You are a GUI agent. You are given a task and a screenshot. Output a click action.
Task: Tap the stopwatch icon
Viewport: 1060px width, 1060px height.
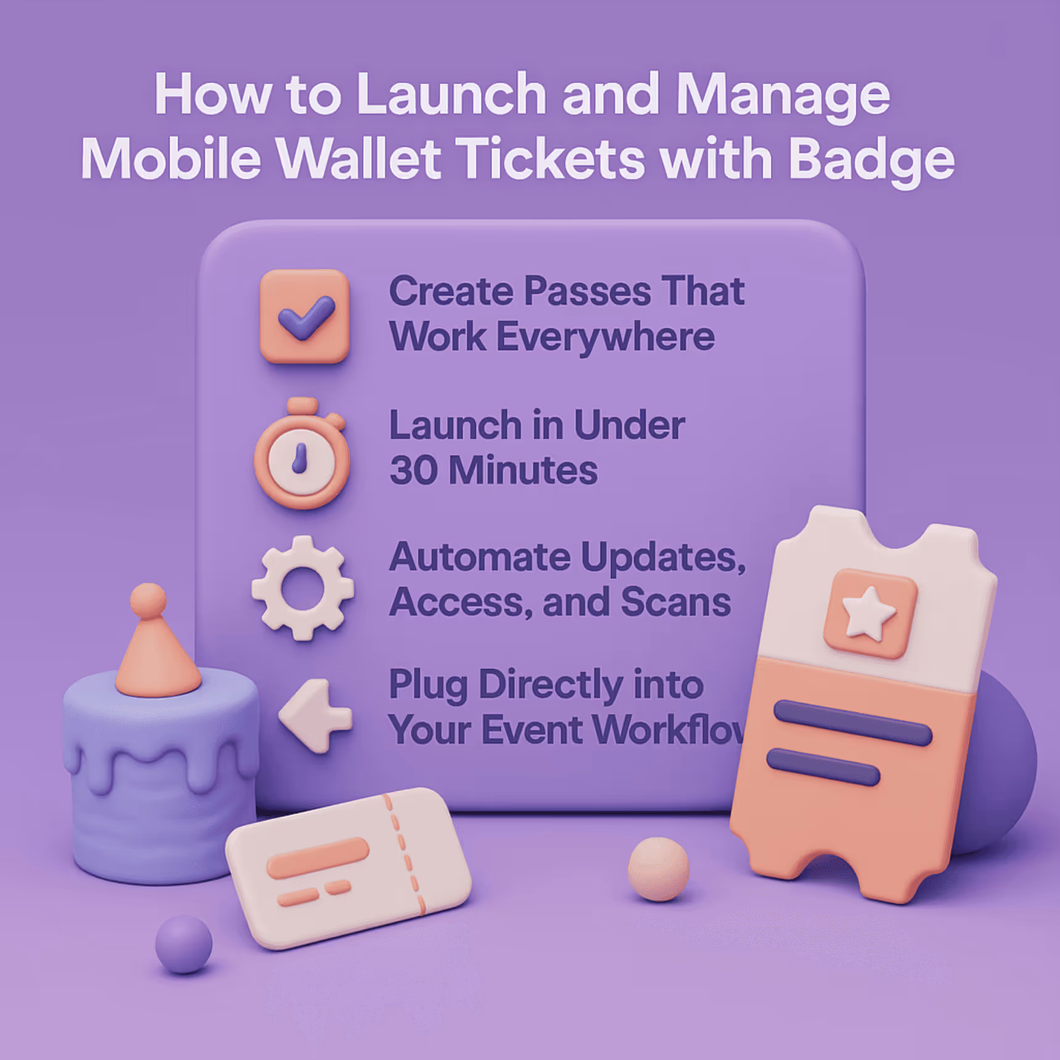tap(302, 457)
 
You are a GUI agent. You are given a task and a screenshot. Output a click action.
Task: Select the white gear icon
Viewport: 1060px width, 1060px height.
tap(302, 588)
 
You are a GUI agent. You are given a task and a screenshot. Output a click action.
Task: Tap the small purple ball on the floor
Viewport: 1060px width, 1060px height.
tap(183, 943)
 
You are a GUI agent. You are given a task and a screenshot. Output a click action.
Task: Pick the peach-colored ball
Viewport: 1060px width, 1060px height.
tap(658, 868)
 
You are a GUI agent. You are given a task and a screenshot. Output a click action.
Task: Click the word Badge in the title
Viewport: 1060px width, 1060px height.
tap(871, 160)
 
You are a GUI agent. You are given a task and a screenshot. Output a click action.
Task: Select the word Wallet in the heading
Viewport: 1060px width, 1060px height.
tap(359, 158)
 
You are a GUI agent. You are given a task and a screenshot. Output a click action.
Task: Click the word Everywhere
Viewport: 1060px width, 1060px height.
tap(605, 338)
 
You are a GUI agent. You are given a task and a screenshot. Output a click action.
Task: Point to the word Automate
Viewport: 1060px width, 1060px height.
tap(480, 557)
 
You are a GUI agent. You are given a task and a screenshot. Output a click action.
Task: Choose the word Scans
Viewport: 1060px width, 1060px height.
tap(675, 602)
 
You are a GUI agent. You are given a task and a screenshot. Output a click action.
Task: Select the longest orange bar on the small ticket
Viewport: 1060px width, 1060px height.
tap(318, 857)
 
